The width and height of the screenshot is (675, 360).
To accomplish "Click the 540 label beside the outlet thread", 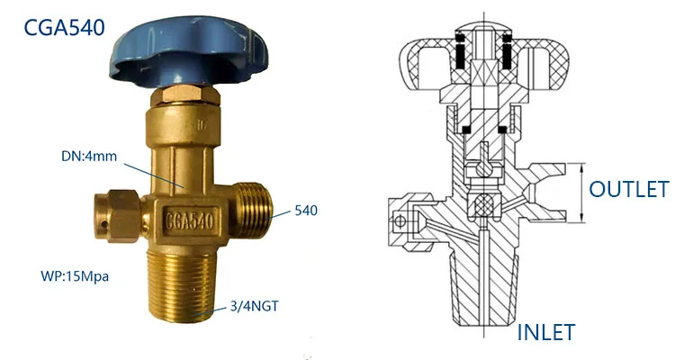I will click(305, 213).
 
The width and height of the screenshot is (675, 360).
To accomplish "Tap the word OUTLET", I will click(628, 189).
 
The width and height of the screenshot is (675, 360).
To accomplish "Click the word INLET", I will click(545, 332).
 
